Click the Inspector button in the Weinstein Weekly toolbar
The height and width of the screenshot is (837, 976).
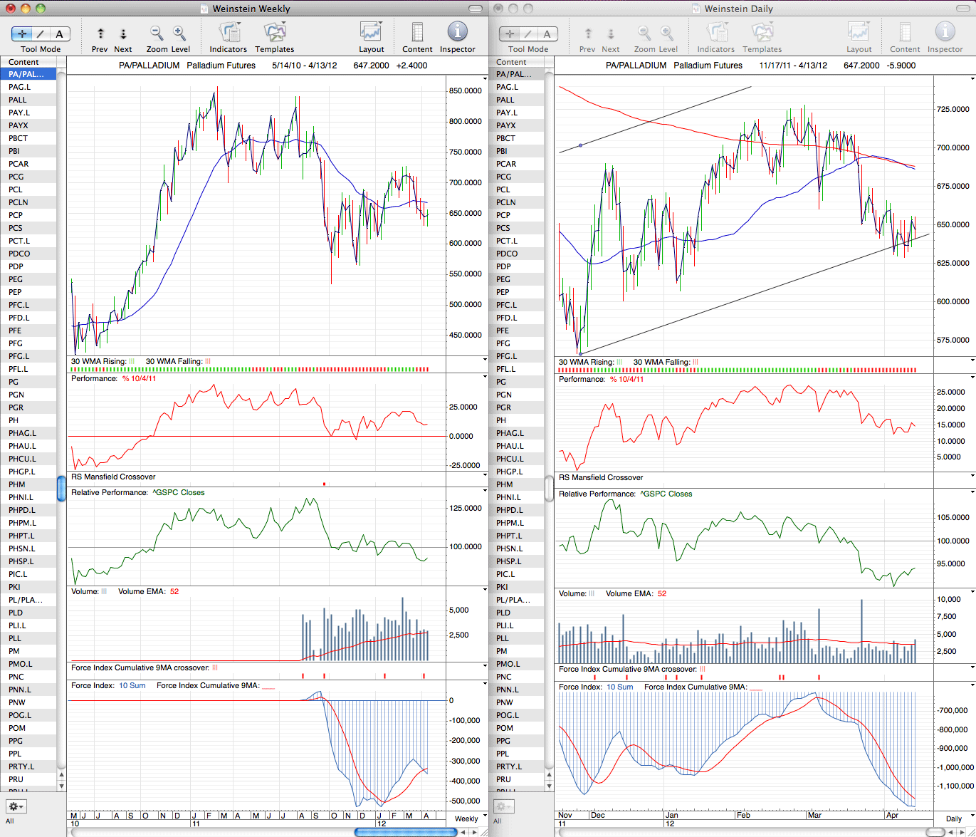[x=457, y=37]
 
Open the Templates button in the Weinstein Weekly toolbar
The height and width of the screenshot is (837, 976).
[x=274, y=37]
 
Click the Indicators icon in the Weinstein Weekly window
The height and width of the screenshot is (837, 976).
[x=229, y=32]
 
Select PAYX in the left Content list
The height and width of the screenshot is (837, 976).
[x=19, y=125]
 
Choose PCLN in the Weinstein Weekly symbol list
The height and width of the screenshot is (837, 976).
[x=19, y=202]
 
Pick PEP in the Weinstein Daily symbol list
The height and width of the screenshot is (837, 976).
[x=503, y=292]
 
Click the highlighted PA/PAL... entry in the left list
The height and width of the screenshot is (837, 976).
[x=26, y=74]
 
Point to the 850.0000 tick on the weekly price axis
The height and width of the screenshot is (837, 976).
[x=465, y=90]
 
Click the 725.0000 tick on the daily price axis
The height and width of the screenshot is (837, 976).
[x=953, y=109]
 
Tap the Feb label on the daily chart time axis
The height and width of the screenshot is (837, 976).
[x=743, y=815]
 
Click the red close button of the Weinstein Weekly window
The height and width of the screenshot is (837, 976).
[x=11, y=8]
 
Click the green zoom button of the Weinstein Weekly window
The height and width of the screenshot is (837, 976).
[x=41, y=8]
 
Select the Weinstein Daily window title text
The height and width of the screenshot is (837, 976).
[x=738, y=9]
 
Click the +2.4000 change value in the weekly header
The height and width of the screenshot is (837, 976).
[x=411, y=66]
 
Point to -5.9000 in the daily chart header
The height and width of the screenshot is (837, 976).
[x=901, y=66]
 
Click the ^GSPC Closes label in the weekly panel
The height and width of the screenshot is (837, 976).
[x=179, y=492]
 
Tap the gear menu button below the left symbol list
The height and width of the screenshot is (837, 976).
[x=16, y=806]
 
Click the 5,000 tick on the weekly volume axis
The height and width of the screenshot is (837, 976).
[x=459, y=610]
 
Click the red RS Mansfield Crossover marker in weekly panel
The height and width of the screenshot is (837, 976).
[x=324, y=484]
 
